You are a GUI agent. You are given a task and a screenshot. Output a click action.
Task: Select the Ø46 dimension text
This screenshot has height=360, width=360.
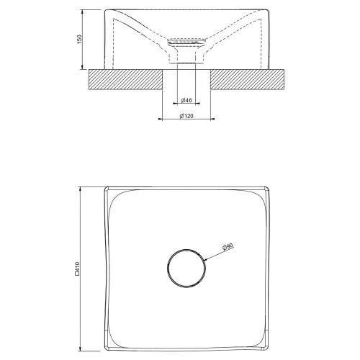185,99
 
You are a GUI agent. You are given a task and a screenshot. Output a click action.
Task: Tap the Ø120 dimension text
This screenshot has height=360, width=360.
186,116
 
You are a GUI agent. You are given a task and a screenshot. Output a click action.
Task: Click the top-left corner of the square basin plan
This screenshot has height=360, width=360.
106,189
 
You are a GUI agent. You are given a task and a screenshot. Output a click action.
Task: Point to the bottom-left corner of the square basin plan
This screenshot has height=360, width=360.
106,349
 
